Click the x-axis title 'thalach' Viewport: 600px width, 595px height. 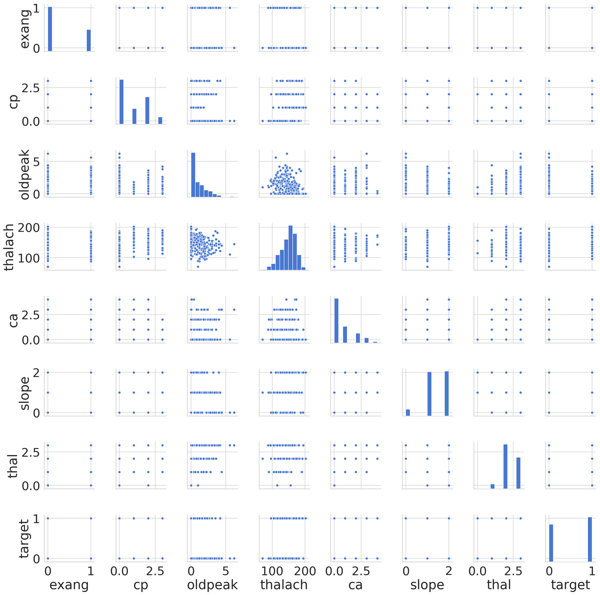click(x=284, y=584)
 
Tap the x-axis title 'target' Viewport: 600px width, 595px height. click(x=570, y=584)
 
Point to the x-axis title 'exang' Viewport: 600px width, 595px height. click(x=69, y=584)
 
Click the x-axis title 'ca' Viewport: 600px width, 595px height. click(x=355, y=584)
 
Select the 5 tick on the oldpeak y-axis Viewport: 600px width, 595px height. click(x=38, y=161)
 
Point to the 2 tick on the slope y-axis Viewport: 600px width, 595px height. click(x=38, y=372)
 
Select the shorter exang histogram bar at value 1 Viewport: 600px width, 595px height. click(x=88, y=40)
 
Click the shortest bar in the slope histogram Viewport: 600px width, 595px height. click(x=408, y=412)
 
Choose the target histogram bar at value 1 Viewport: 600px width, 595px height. click(x=590, y=539)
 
